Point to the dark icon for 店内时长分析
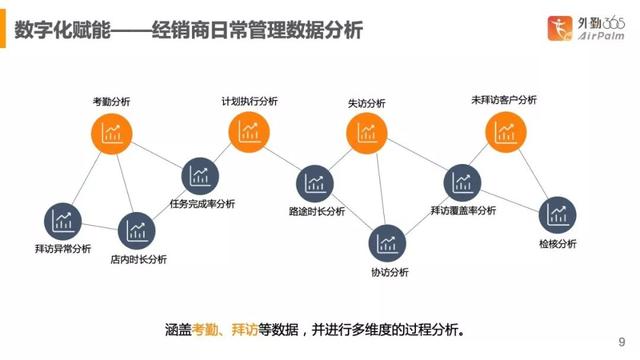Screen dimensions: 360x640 coord(136,231)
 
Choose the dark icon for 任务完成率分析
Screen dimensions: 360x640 coord(200,178)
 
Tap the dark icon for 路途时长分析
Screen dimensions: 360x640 coord(316,183)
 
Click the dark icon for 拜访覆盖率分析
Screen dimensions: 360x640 coord(463,181)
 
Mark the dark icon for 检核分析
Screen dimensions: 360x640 coord(557,213)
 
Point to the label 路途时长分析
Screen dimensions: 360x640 coord(316,211)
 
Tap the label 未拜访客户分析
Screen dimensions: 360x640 coord(503,100)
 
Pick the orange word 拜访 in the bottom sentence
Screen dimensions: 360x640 coord(246,327)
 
